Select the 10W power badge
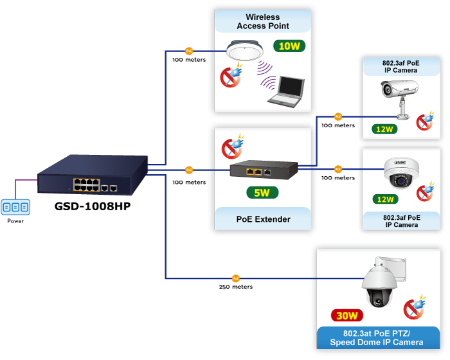click(289, 46)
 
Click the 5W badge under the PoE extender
click(262, 192)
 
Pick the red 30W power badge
click(348, 316)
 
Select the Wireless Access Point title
click(262, 22)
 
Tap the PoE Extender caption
click(262, 219)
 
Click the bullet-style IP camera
click(396, 95)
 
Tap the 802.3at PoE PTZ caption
click(379, 337)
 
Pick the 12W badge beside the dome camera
click(384, 200)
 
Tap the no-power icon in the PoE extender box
click(232, 147)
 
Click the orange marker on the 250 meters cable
click(235, 278)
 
